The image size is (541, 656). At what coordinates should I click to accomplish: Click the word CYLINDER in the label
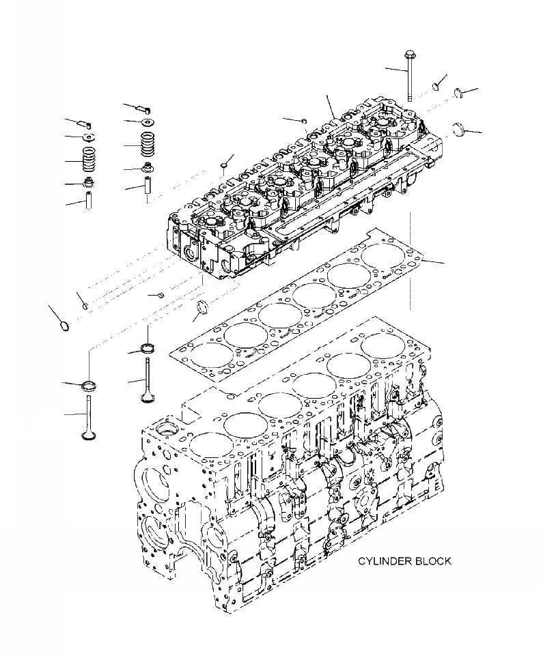[x=383, y=561]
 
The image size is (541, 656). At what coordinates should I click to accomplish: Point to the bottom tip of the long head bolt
[x=409, y=99]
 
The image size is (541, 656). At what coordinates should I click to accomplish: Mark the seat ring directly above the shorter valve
[x=147, y=350]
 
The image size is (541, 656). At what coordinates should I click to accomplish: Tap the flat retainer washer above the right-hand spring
[x=148, y=122]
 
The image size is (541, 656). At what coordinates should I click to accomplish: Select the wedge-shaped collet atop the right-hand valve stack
[x=145, y=108]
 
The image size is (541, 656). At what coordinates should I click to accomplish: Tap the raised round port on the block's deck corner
[x=165, y=431]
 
